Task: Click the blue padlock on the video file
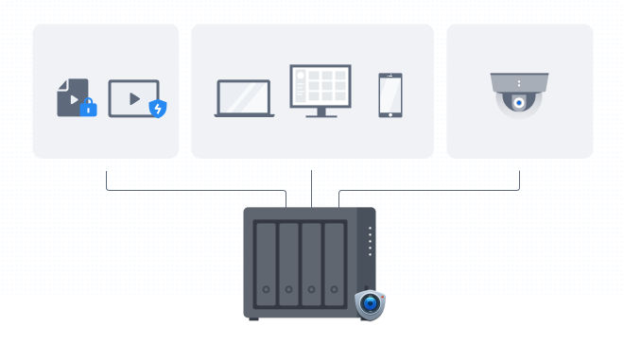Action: point(88,108)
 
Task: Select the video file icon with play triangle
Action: point(71,96)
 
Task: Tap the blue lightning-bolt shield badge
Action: point(158,109)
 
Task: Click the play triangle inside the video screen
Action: point(134,98)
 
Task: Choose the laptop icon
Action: point(244,98)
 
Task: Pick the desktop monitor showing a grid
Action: point(321,86)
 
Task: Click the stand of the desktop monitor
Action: point(321,112)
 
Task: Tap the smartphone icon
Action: point(390,94)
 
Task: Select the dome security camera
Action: point(519,94)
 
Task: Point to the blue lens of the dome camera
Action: point(519,102)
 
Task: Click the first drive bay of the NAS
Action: point(266,264)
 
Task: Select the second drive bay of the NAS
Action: point(288,264)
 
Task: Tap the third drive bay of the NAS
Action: point(311,264)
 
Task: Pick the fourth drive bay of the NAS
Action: point(334,264)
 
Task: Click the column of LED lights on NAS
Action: point(370,242)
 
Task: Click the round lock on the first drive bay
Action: point(266,289)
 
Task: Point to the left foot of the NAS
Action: point(253,319)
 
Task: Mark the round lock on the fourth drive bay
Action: point(334,289)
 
